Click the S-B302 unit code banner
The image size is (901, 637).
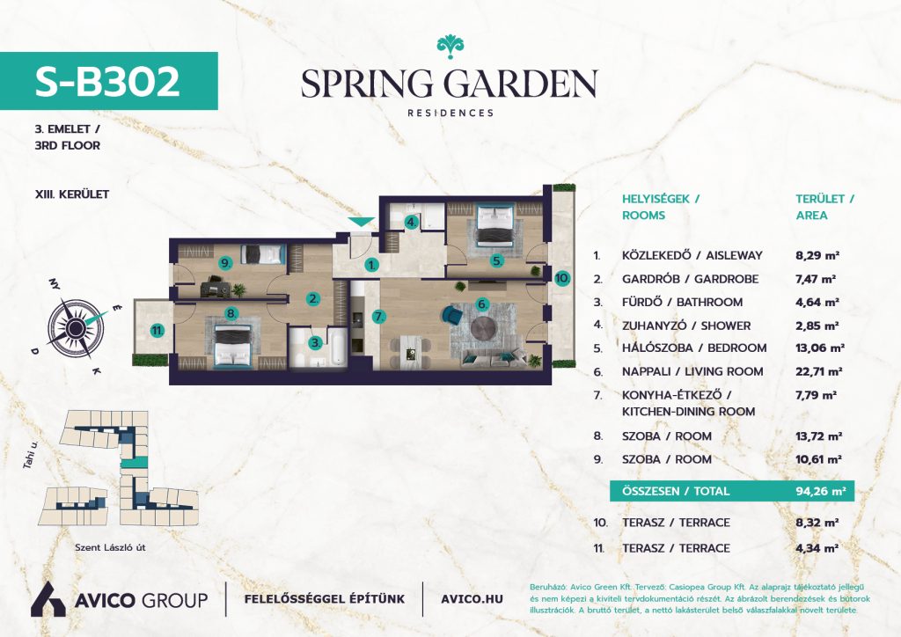coord(108,81)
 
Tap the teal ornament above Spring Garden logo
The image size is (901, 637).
coord(450,46)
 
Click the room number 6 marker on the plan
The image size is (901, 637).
coord(482,304)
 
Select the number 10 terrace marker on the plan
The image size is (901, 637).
coord(562,279)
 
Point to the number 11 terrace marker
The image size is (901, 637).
coord(157,330)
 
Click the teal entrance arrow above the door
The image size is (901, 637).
coord(361,222)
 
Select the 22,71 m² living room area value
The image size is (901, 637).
coord(819,371)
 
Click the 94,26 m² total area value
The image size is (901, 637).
coord(821,491)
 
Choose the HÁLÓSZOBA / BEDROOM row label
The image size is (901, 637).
coord(694,348)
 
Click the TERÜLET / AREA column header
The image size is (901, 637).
coord(824,208)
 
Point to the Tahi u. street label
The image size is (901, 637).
coord(31,455)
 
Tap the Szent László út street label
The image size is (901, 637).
coord(110,547)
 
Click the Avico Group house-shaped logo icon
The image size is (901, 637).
coord(48,600)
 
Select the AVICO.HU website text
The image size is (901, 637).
coord(472,599)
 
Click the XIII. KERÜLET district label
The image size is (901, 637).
coord(72,194)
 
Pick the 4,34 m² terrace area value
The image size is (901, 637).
coord(817,548)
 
